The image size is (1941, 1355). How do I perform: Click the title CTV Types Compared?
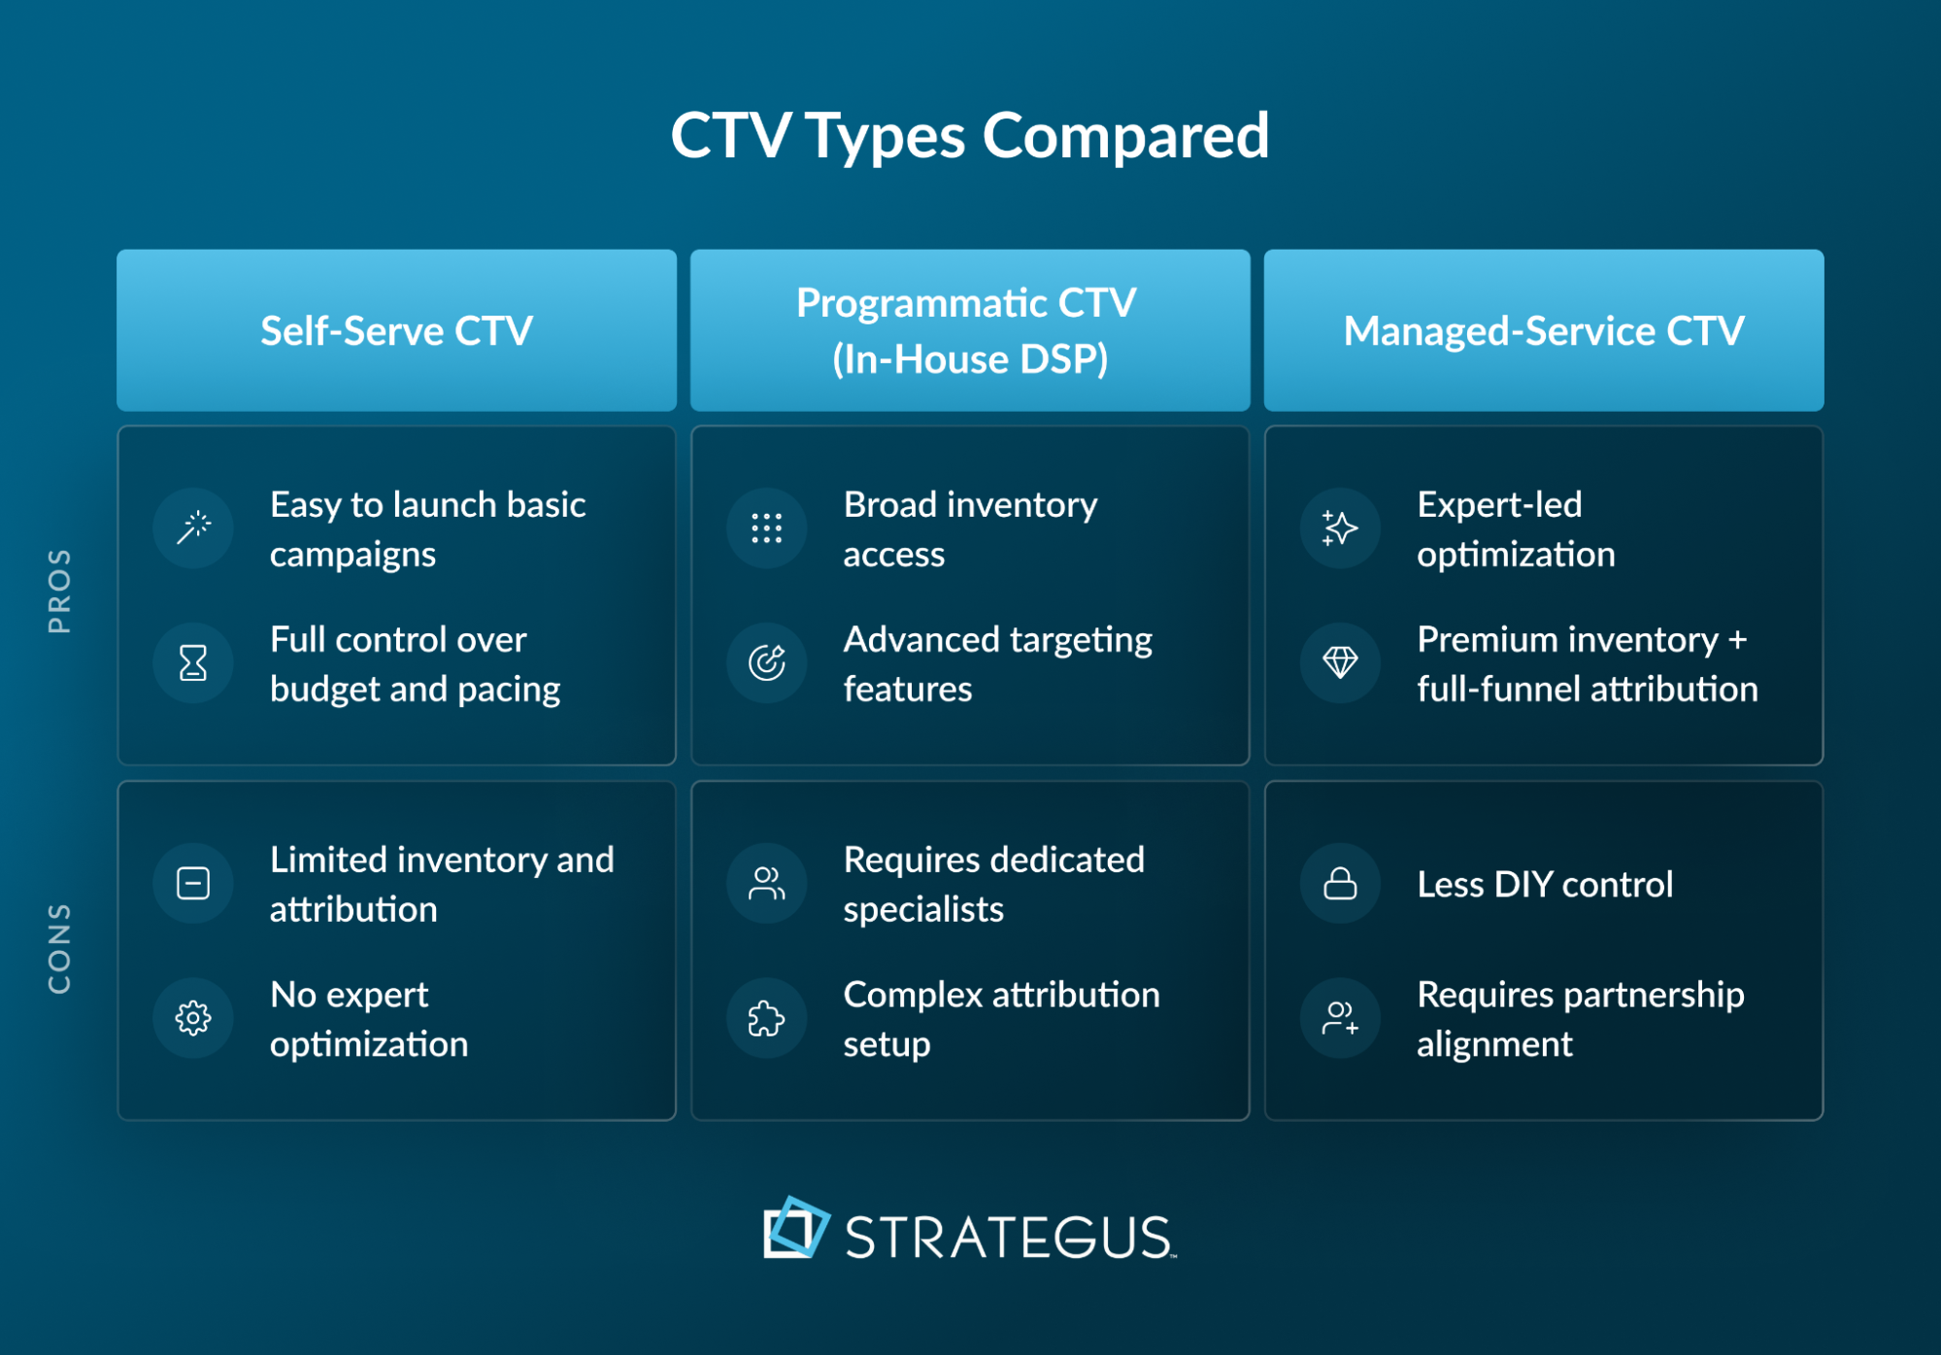pyautogui.click(x=969, y=135)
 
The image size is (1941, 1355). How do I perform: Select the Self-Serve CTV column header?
pyautogui.click(x=396, y=330)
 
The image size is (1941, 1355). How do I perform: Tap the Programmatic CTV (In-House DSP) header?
pyautogui.click(x=969, y=330)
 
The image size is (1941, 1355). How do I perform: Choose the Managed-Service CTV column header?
pyautogui.click(x=1543, y=330)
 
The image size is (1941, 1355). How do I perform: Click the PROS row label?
pyautogui.click(x=59, y=591)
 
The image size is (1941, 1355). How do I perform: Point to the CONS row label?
pyautogui.click(x=59, y=948)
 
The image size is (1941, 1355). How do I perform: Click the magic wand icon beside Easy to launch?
pyautogui.click(x=193, y=528)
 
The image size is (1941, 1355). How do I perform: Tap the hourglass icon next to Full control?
pyautogui.click(x=193, y=663)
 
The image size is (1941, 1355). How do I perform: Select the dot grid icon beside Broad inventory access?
pyautogui.click(x=766, y=528)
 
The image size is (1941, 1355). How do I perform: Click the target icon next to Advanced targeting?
pyautogui.click(x=766, y=663)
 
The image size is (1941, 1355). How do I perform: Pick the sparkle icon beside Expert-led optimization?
pyautogui.click(x=1340, y=528)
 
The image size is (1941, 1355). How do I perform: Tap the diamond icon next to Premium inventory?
pyautogui.click(x=1340, y=663)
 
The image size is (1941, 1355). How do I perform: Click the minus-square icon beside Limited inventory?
pyautogui.click(x=193, y=884)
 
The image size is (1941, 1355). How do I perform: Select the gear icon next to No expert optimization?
pyautogui.click(x=193, y=1018)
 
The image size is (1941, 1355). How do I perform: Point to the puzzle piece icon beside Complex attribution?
pyautogui.click(x=766, y=1018)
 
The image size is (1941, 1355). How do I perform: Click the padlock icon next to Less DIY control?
pyautogui.click(x=1340, y=884)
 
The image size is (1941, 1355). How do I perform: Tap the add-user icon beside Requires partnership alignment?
pyautogui.click(x=1340, y=1018)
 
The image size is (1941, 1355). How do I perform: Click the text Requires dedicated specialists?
pyautogui.click(x=992, y=884)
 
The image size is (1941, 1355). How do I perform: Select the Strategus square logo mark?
pyautogui.click(x=795, y=1229)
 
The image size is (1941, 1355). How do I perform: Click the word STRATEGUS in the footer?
pyautogui.click(x=1008, y=1237)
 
